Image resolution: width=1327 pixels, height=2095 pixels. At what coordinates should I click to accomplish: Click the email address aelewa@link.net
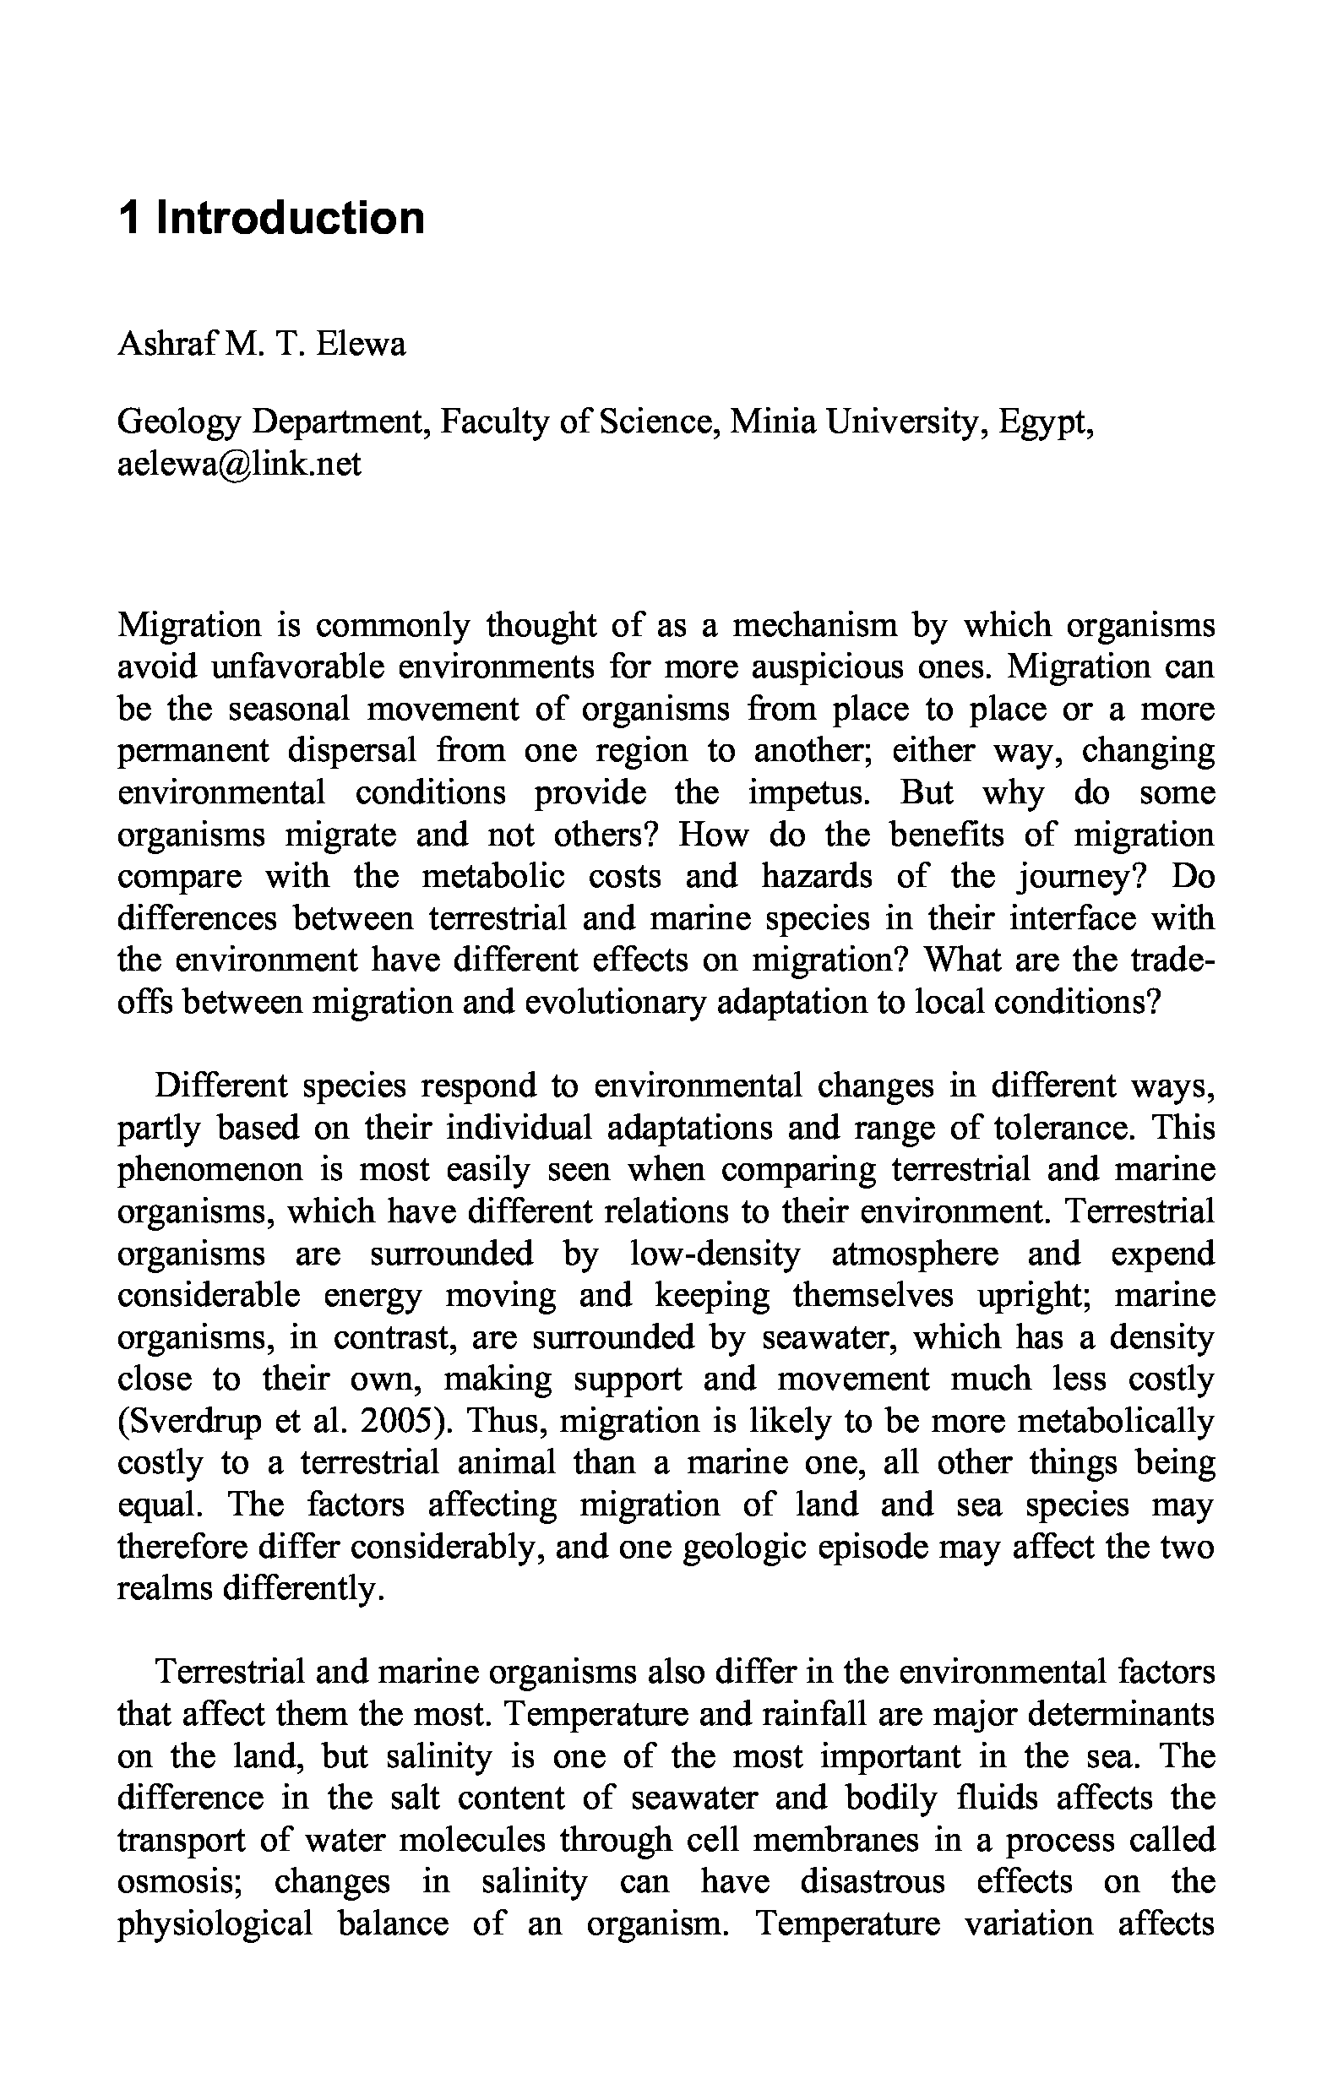238,464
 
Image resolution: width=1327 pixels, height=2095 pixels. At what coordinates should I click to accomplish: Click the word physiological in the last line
214,1924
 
